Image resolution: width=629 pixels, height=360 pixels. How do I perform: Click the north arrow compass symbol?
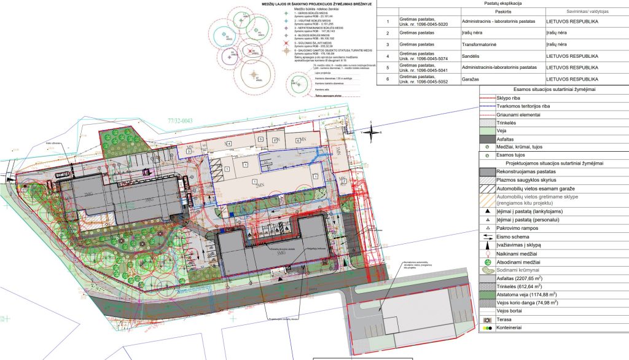tap(373, 131)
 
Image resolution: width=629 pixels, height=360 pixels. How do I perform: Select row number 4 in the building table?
tap(388, 55)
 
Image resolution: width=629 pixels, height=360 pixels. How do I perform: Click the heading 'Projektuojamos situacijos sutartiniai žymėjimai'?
tap(555, 162)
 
